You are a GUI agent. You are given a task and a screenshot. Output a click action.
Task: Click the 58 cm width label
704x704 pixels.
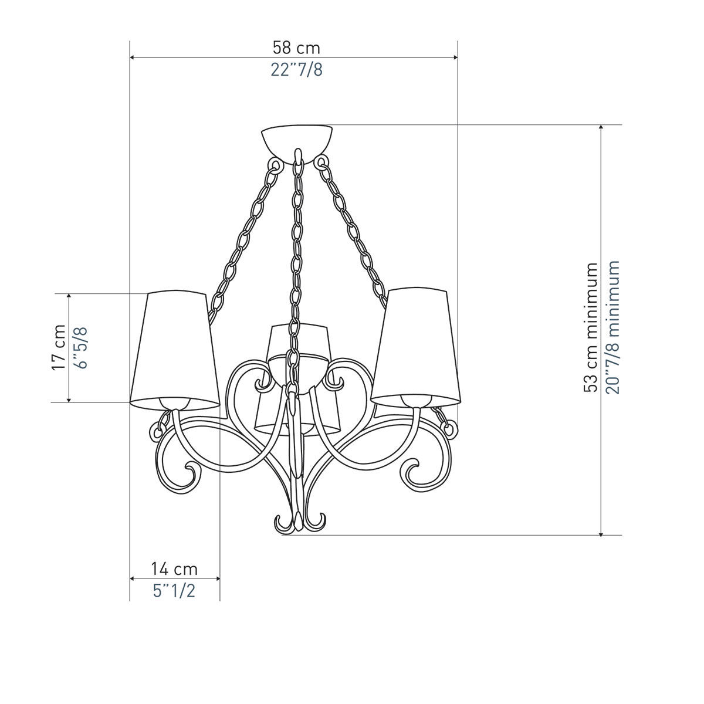pyautogui.click(x=296, y=48)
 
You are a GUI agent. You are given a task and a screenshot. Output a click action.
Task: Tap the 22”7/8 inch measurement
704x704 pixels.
pyautogui.click(x=297, y=70)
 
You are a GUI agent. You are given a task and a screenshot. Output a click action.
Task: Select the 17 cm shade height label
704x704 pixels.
pyautogui.click(x=59, y=347)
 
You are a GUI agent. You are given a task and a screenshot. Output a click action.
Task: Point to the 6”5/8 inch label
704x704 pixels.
pyautogui.click(x=81, y=347)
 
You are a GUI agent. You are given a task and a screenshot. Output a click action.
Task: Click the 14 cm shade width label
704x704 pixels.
pyautogui.click(x=175, y=569)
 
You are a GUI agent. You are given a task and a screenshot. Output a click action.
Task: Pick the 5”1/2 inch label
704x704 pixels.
pyautogui.click(x=174, y=591)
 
